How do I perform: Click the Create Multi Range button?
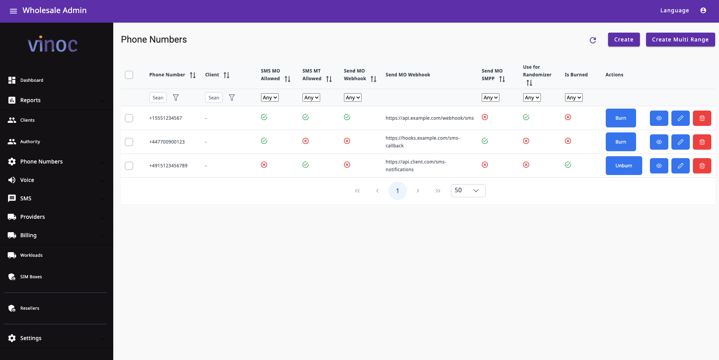click(680, 40)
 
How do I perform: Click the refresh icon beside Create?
click(593, 40)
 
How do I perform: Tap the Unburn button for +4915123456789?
click(623, 166)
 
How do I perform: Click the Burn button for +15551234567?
click(620, 118)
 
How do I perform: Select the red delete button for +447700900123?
click(702, 142)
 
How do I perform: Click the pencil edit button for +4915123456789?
click(680, 166)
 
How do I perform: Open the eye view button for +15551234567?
click(659, 118)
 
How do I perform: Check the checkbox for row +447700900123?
click(129, 142)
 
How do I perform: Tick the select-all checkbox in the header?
click(129, 75)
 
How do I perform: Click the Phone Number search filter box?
click(158, 98)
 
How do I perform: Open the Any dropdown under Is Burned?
click(574, 98)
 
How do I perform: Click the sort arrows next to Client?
click(226, 75)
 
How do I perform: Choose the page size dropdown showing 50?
click(468, 191)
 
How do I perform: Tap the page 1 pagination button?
click(397, 191)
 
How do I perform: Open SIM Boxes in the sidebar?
click(31, 277)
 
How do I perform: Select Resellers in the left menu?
click(30, 308)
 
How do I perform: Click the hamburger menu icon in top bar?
click(13, 11)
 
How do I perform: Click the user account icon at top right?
click(703, 11)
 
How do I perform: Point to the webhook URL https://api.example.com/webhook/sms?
click(430, 118)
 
